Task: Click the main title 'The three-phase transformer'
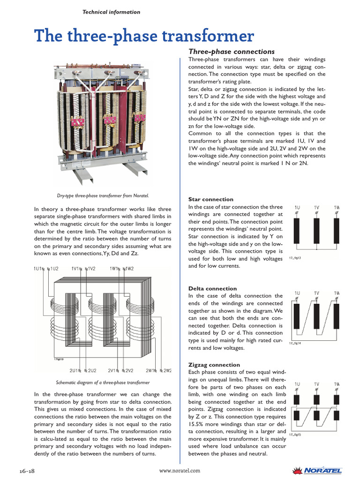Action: (144, 36)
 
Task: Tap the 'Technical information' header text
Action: (111, 12)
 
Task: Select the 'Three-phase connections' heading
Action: (231, 52)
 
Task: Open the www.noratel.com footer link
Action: (180, 470)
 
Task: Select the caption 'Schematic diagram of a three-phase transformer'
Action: (103, 382)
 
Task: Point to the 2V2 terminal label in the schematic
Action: (127, 370)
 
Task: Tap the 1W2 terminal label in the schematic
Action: (128, 269)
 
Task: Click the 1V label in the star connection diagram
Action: (316, 207)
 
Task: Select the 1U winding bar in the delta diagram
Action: (297, 316)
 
